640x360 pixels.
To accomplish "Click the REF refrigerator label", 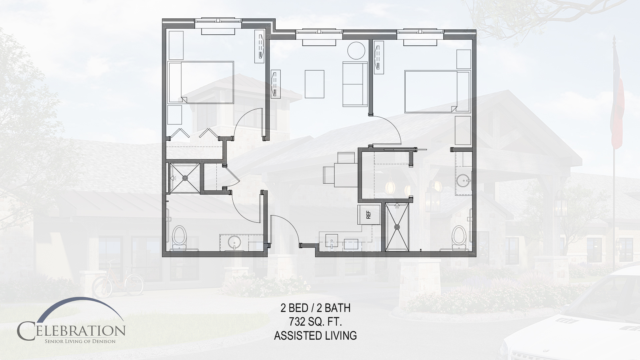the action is (x=368, y=215).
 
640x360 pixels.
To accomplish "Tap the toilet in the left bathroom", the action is (x=180, y=237).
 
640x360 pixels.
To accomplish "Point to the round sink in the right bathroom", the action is (x=463, y=181).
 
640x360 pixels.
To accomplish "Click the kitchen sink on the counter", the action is (x=331, y=241).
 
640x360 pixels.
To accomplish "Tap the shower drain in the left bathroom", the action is (x=185, y=178).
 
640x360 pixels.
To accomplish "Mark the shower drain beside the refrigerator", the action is (x=397, y=227).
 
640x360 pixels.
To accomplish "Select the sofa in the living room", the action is (x=355, y=84).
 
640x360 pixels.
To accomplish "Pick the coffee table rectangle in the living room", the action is (x=315, y=84).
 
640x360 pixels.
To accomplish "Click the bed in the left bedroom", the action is (x=201, y=82).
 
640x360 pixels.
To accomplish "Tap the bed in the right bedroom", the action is (x=437, y=91).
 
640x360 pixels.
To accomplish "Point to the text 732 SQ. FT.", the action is (x=315, y=322).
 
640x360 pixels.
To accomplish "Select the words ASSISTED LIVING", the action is (x=315, y=335).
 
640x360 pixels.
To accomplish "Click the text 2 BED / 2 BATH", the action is (x=315, y=308).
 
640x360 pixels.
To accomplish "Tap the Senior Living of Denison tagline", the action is (x=80, y=341).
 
